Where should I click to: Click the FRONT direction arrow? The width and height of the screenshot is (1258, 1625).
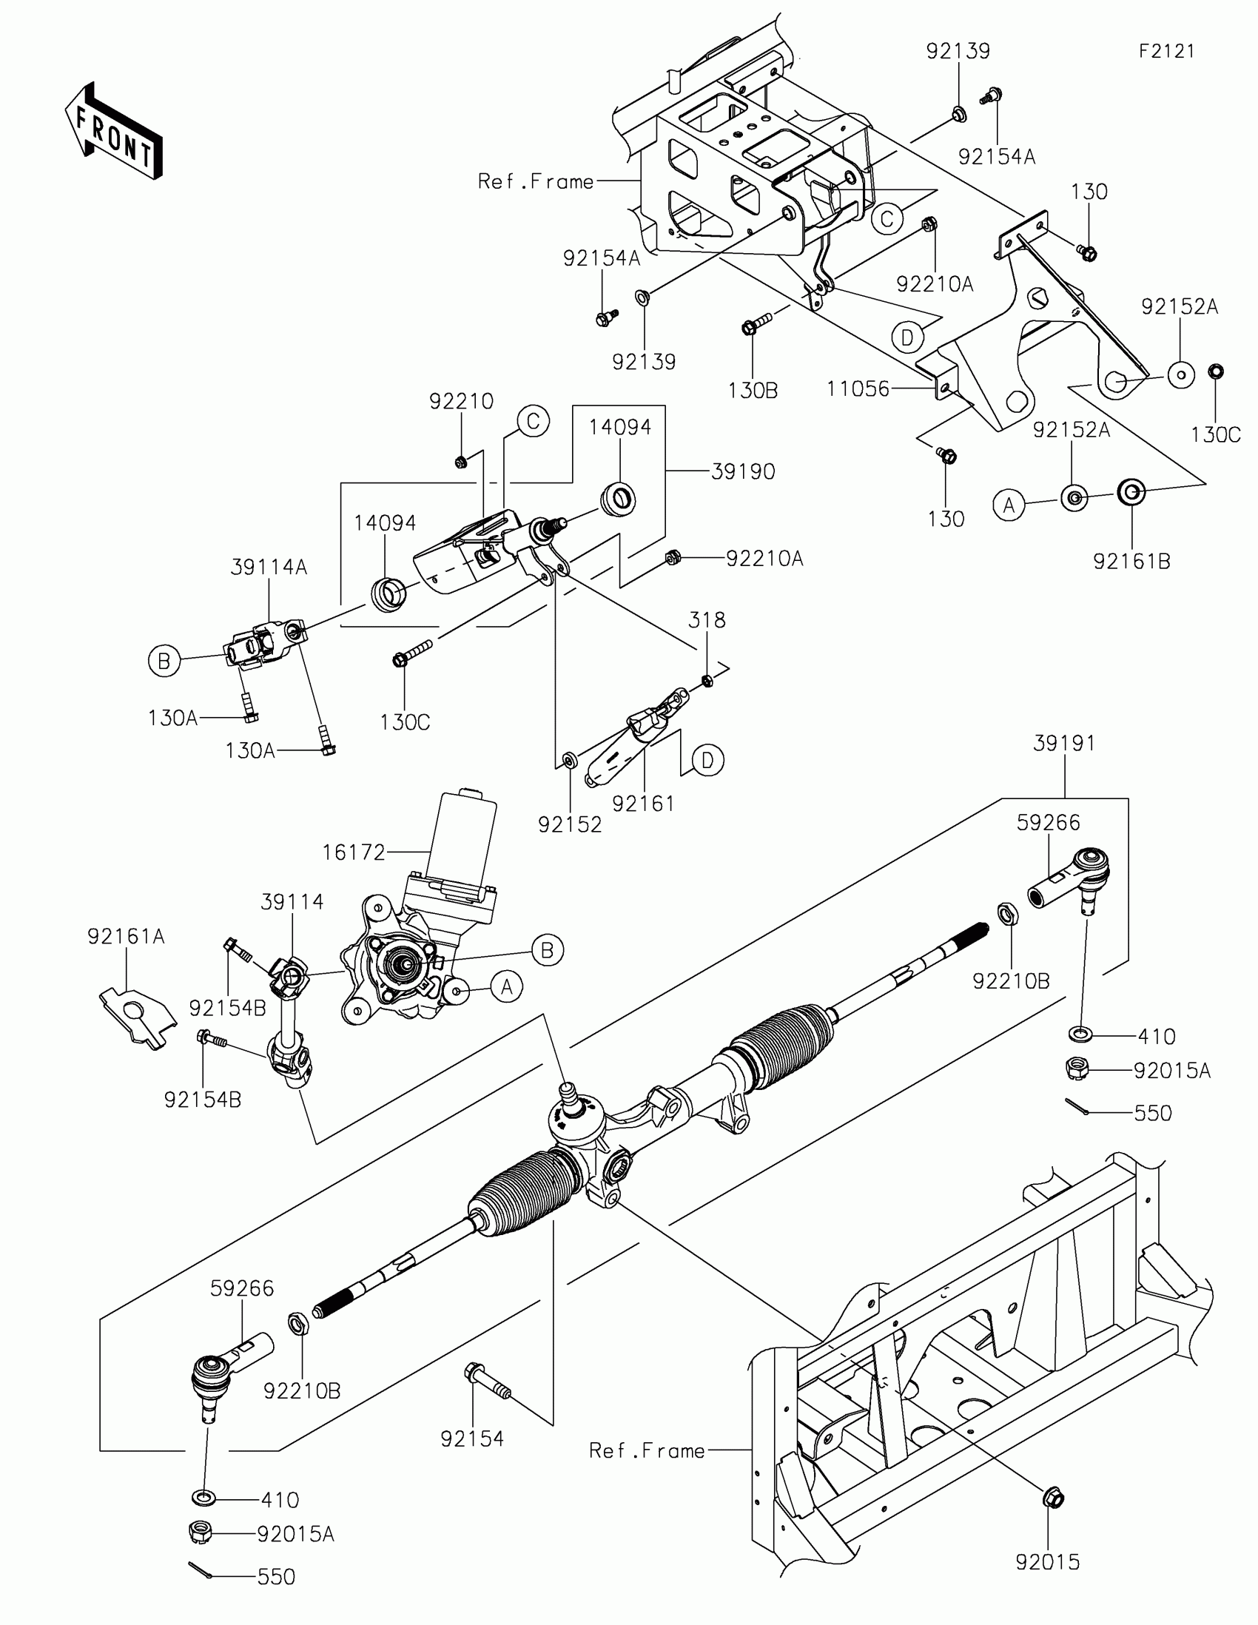[x=114, y=131]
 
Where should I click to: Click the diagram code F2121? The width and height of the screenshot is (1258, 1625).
[x=1166, y=51]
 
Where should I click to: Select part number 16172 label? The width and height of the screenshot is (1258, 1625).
[x=354, y=852]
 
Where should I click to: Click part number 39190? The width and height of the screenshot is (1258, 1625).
[x=742, y=471]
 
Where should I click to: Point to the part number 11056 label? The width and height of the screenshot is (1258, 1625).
[x=858, y=389]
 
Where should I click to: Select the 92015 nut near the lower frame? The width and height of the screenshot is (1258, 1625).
[x=1053, y=1497]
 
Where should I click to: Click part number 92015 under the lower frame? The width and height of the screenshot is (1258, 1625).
[x=1047, y=1563]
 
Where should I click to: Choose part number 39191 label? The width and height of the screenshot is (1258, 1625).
[x=1064, y=743]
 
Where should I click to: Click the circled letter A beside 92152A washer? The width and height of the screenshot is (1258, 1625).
[x=1009, y=505]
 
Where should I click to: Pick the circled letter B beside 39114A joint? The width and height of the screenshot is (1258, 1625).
[x=164, y=661]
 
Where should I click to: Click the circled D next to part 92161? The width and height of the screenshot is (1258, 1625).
[x=707, y=761]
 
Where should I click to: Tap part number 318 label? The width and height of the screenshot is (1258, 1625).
[x=707, y=620]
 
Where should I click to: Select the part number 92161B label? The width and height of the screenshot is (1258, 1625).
[x=1131, y=562]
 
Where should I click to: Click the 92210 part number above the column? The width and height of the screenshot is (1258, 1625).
[x=461, y=402]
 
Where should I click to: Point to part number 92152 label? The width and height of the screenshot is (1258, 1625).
[x=570, y=824]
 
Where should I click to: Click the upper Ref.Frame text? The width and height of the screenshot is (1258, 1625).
[x=536, y=181]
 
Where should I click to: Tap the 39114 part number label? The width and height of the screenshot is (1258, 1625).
[x=292, y=902]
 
